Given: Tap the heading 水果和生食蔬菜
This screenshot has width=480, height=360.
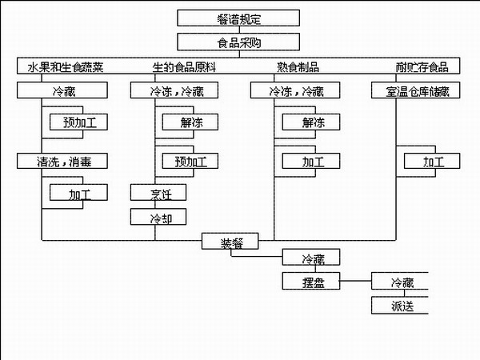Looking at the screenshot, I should [x=62, y=66].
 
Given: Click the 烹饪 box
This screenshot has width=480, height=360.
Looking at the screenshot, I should [x=158, y=193].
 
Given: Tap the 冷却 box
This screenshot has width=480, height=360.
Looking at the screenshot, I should [x=158, y=218].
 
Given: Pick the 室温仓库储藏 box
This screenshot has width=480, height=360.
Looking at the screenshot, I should [x=416, y=90].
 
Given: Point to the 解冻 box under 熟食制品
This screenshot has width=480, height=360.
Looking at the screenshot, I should [x=312, y=122].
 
